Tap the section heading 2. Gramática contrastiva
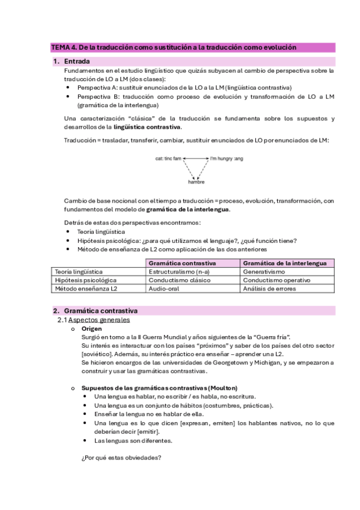click(100, 311)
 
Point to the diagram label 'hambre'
click(196, 182)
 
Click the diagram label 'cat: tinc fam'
click(168, 159)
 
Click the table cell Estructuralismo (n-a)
click(178, 272)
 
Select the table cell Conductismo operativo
click(276, 280)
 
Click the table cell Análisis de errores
click(271, 289)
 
